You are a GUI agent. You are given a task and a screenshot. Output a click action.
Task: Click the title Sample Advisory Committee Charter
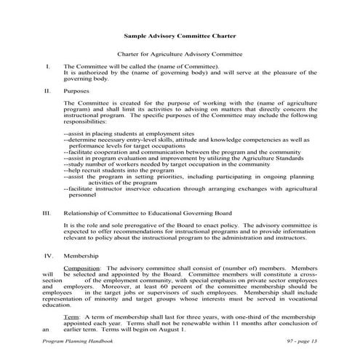coord(180,34)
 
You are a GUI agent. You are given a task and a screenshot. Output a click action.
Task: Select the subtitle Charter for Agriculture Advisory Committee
coord(180,55)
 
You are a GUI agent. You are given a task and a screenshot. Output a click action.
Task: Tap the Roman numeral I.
coord(47,67)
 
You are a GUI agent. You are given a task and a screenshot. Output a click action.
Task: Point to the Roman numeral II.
coord(47,92)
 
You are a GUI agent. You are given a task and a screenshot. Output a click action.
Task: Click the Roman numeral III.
coord(47,215)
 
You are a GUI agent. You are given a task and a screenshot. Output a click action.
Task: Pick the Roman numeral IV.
coord(48,256)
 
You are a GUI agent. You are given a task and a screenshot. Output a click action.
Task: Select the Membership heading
coord(81,256)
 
